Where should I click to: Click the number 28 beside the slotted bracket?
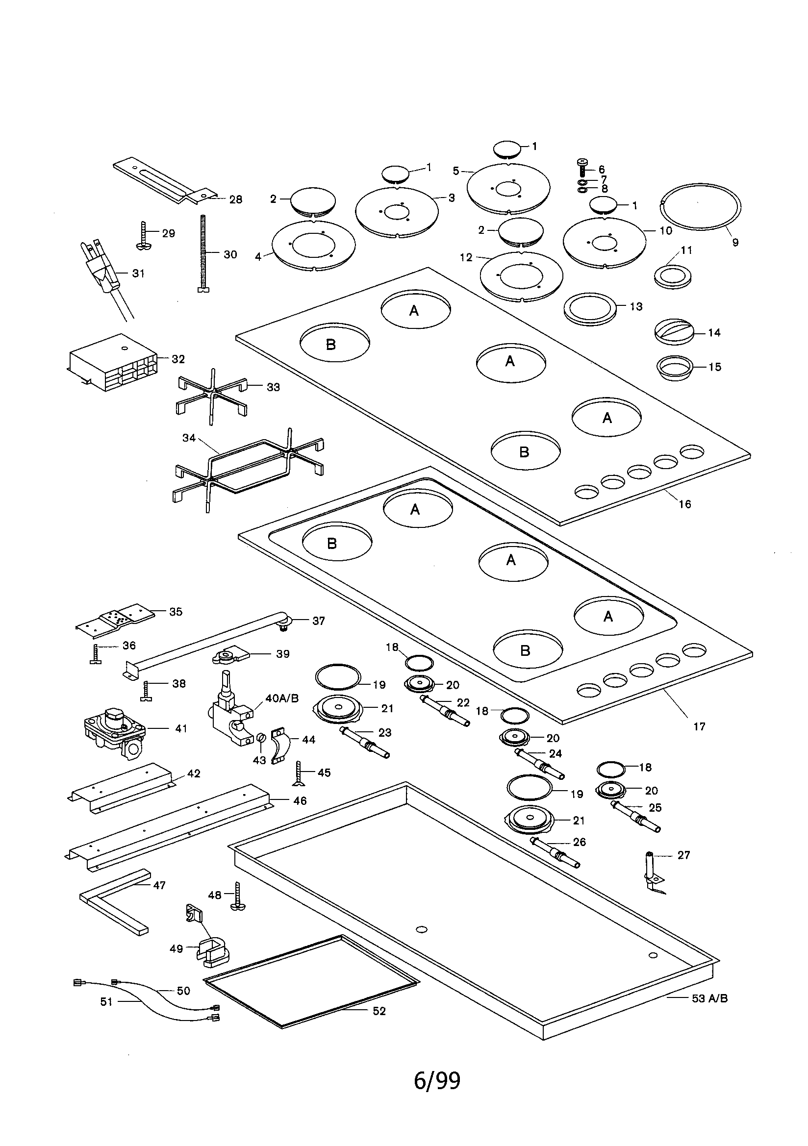click(235, 199)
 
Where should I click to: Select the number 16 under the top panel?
click(684, 504)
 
